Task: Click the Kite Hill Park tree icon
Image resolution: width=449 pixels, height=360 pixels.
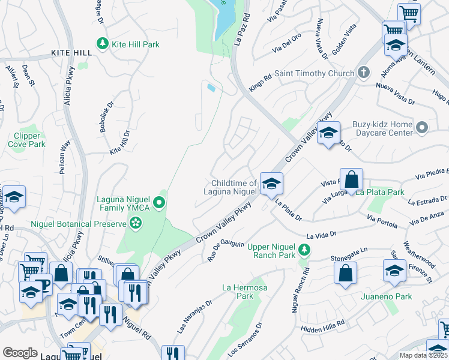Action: (103, 44)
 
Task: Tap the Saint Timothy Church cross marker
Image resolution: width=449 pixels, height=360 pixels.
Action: (363, 73)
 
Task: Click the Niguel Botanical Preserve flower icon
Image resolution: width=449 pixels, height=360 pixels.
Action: (136, 224)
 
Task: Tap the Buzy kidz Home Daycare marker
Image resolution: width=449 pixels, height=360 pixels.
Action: (422, 127)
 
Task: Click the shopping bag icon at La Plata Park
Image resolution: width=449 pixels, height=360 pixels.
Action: (352, 179)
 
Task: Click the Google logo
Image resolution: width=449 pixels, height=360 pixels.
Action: (20, 353)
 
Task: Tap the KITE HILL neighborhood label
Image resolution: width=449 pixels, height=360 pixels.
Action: (71, 53)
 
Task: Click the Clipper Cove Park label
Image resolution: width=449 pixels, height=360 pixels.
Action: (28, 140)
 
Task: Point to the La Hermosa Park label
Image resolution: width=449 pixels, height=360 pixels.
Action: (244, 292)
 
